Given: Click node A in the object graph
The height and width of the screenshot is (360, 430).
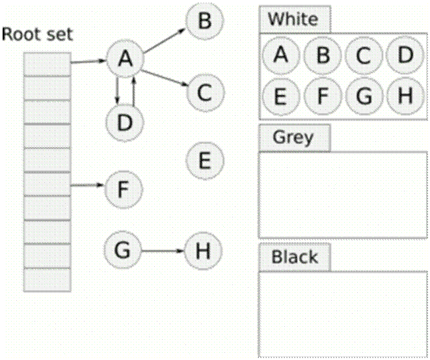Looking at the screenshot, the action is (125, 59).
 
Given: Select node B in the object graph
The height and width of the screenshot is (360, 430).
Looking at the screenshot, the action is (204, 21).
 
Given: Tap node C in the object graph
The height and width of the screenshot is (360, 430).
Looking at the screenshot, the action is (204, 93).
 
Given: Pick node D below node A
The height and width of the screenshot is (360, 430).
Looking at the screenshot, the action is (125, 122).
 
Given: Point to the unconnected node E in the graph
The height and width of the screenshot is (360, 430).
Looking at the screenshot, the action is (204, 160).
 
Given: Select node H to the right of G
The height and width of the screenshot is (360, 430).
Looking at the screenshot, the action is (204, 251).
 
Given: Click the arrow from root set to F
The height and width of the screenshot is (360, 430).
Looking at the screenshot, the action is (87, 186).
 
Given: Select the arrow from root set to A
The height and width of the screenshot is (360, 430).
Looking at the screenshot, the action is (87, 62).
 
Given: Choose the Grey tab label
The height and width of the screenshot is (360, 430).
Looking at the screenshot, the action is (293, 137).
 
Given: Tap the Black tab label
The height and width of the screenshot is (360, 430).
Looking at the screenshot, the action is (294, 257).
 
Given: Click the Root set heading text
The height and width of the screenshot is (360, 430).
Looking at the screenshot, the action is (37, 34).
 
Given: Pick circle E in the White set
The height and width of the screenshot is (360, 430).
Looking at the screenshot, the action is (280, 96).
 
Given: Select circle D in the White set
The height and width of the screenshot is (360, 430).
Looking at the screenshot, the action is (405, 55).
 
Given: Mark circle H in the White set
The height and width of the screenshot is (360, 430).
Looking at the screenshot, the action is (405, 96).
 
